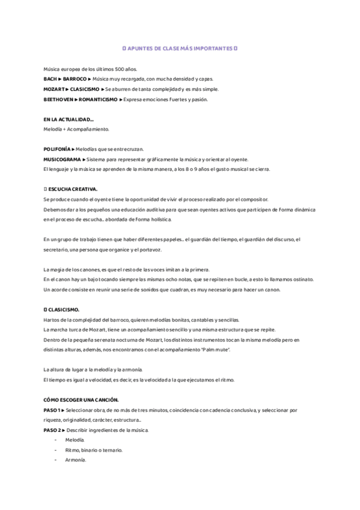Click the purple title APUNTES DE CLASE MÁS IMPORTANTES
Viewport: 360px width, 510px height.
[180, 48]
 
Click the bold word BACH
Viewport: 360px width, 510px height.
[50, 79]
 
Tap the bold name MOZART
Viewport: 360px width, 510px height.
[55, 89]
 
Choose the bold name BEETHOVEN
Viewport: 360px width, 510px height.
[59, 99]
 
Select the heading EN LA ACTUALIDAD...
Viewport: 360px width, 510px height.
[69, 119]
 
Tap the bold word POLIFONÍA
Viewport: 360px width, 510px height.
[57, 149]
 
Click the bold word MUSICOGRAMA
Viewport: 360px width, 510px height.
[62, 159]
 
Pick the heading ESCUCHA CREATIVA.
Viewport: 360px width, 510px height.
[71, 189]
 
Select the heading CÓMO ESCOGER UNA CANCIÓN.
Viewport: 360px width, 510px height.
[81, 400]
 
